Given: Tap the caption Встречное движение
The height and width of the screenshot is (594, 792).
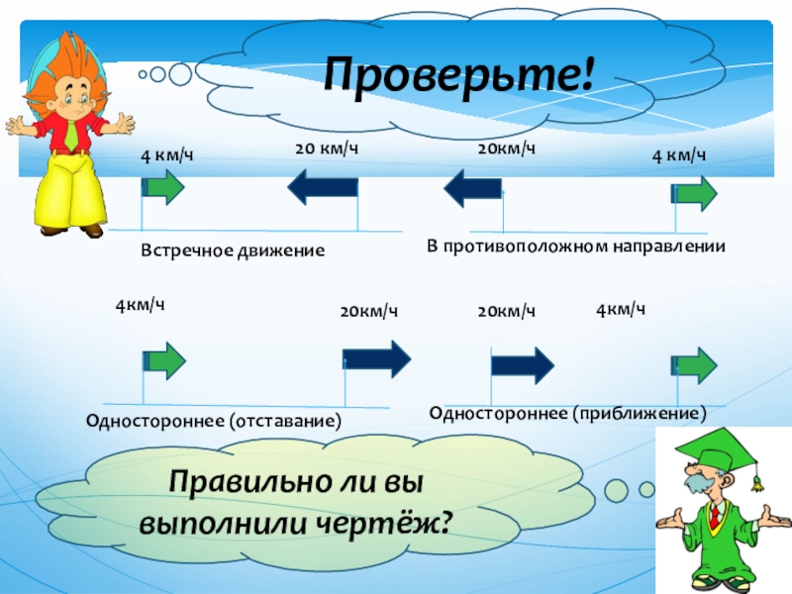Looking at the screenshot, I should (x=233, y=251).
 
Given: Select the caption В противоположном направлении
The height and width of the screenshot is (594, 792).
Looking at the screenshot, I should (x=576, y=245).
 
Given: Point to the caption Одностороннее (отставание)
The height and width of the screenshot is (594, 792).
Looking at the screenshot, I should (x=215, y=421).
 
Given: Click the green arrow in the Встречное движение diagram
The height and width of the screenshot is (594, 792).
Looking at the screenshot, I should (x=163, y=186).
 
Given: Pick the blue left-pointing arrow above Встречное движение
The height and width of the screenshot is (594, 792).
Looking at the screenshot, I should (x=323, y=185).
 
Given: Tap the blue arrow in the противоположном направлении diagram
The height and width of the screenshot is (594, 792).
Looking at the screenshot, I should (x=471, y=185).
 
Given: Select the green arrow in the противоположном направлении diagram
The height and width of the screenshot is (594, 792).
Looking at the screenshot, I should (x=696, y=192).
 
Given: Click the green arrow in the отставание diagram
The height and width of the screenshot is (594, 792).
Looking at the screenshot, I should (x=165, y=358).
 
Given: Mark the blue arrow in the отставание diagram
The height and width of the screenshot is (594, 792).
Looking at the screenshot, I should (x=376, y=358).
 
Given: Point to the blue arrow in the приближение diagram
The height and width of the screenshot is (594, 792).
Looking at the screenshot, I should (x=522, y=362).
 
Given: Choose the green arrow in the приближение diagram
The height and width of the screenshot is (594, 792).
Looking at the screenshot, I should (x=695, y=364).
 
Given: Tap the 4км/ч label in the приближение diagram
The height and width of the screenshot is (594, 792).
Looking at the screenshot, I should (x=621, y=310).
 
